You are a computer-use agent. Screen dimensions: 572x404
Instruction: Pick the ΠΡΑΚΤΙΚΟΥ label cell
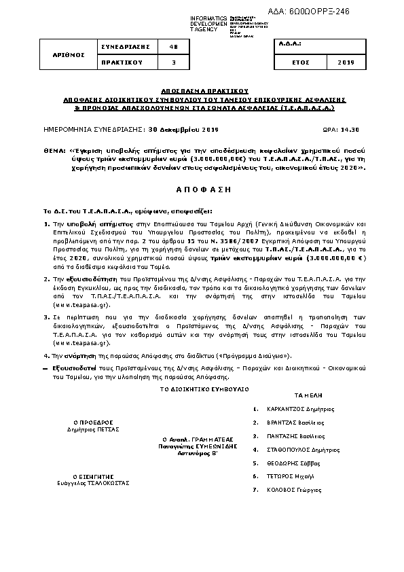(x=120, y=62)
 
